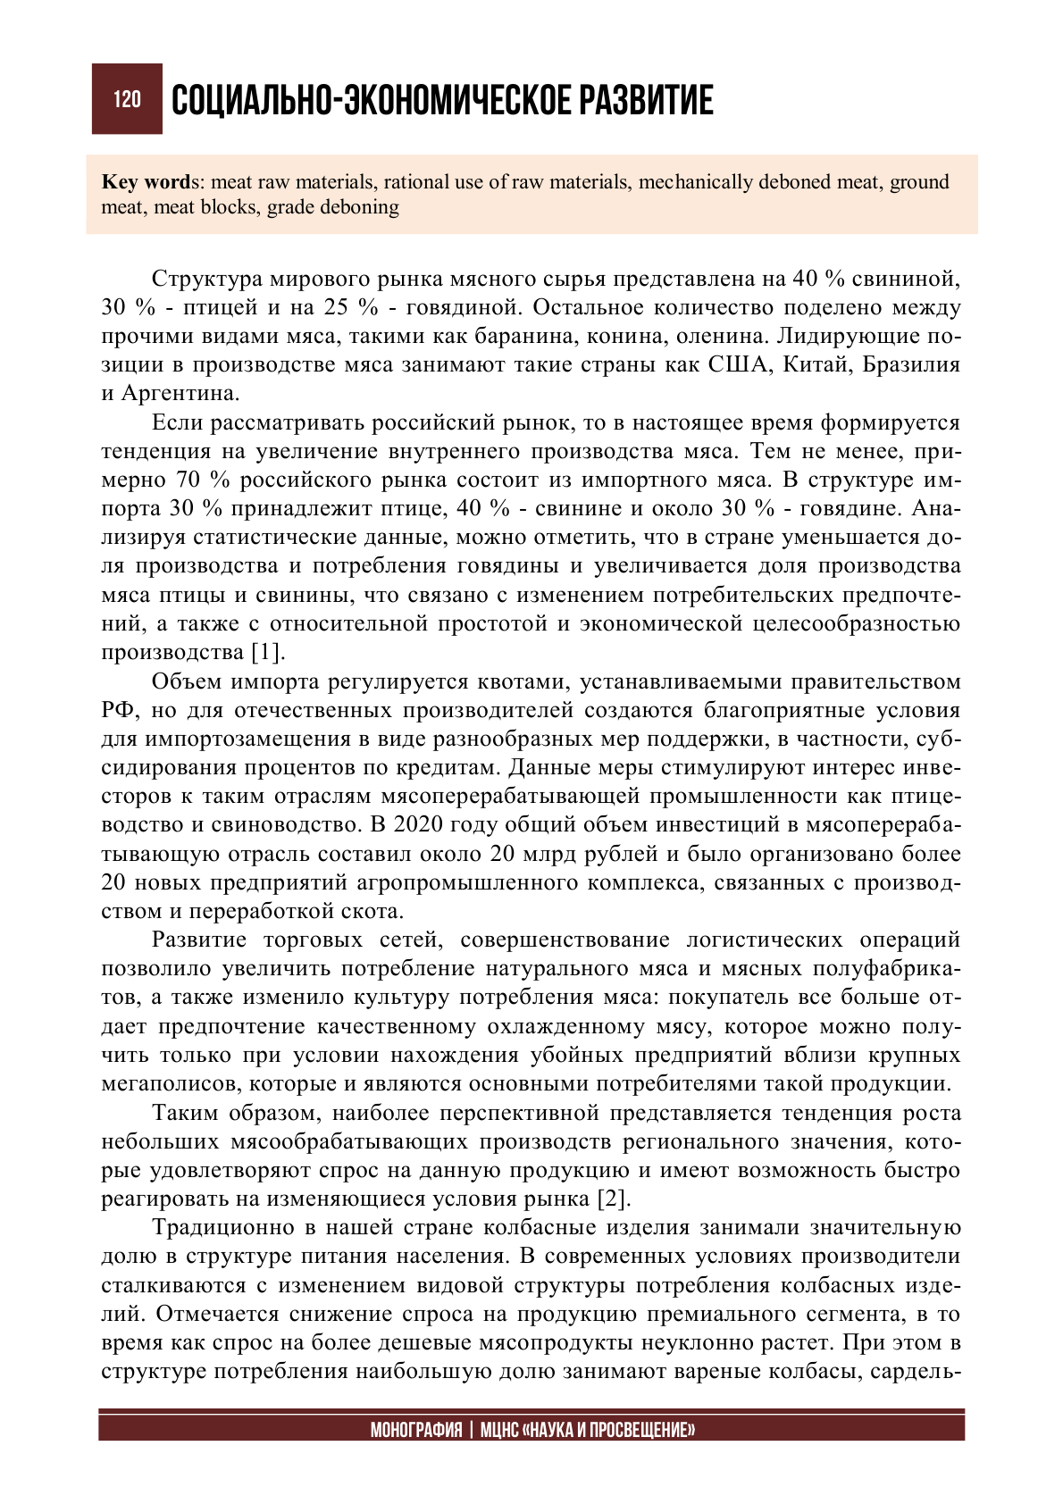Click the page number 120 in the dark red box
click(127, 99)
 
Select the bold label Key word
click(145, 182)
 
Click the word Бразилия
click(911, 365)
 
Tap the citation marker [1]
click(267, 652)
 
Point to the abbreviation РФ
click(117, 710)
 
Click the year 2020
click(418, 824)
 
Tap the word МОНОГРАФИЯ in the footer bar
click(416, 1430)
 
